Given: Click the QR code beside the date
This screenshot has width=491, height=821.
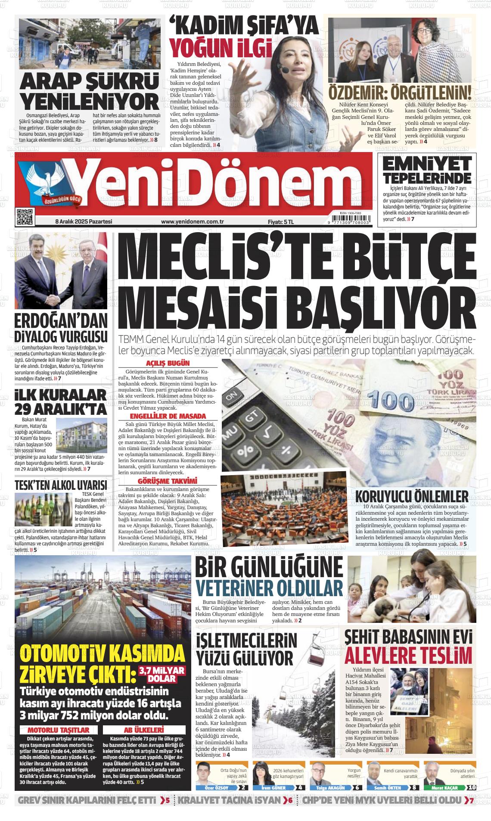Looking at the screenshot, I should (x=25, y=217).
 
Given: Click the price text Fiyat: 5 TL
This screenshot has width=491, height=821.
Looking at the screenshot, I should (x=280, y=221).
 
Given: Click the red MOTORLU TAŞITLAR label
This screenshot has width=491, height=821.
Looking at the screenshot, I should (x=59, y=718).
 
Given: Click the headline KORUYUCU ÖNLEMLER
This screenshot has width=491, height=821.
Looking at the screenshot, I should (x=412, y=495).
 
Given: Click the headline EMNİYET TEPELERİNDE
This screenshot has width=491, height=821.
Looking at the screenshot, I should (x=427, y=171).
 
